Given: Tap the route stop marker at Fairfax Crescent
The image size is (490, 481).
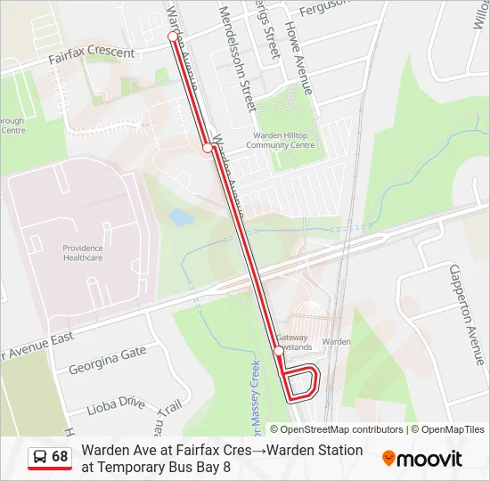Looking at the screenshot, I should click(173, 37).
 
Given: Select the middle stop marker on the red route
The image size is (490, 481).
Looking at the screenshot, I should click(208, 148).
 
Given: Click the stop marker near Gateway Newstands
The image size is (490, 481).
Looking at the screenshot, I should click(279, 352).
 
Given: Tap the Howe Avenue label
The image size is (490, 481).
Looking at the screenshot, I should click(298, 54).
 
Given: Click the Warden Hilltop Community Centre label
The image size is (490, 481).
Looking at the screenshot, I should click(281, 140).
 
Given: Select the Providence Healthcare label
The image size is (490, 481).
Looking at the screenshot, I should click(82, 253).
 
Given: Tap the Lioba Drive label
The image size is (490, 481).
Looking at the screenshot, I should click(116, 406).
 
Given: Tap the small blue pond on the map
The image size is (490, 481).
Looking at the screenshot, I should click(181, 216).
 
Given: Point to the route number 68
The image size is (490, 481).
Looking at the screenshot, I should click(60, 457).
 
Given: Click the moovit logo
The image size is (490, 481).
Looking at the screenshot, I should click(422, 459).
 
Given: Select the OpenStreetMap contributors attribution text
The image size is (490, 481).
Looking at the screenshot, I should click(337, 429).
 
